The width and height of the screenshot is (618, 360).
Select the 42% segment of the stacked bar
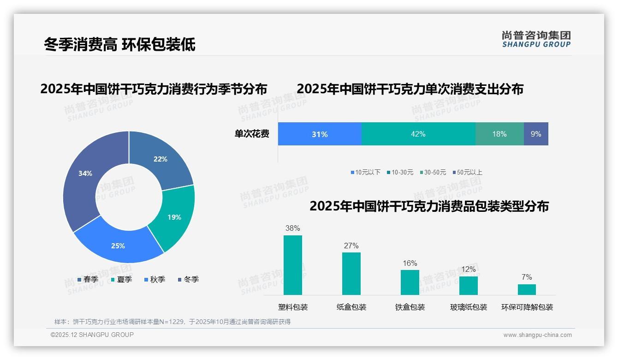click(418, 134)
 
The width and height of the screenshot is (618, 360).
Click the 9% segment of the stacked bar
click(536, 134)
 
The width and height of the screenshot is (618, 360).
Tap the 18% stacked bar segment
click(499, 134)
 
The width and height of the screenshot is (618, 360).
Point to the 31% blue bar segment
click(320, 134)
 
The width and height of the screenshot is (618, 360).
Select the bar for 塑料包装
click(293, 265)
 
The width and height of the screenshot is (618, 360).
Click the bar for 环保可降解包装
click(527, 289)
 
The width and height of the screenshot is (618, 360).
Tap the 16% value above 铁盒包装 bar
click(410, 264)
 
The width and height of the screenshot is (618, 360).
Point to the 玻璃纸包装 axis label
click(469, 307)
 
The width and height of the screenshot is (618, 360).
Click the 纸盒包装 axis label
click(351, 307)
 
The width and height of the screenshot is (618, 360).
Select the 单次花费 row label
click(252, 134)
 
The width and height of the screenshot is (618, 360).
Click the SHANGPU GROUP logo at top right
click(536, 39)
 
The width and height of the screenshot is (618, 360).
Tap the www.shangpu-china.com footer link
click(537, 335)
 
